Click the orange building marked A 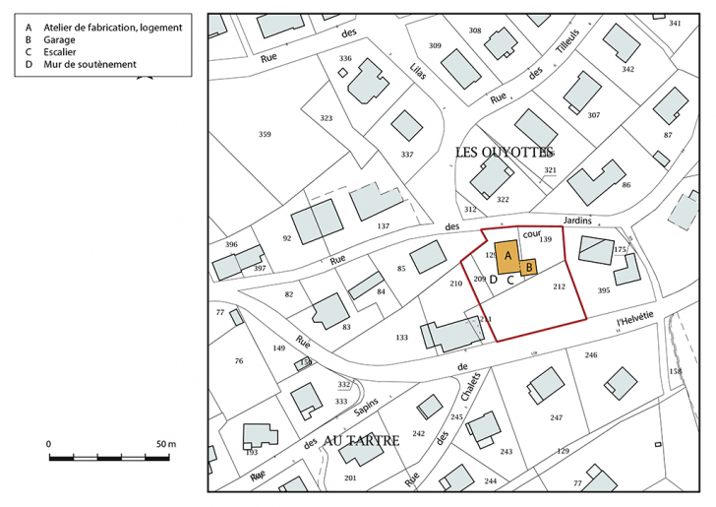coord(507,255)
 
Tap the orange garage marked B coord(528,266)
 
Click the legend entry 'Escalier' coord(60,53)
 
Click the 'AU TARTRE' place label coord(354,441)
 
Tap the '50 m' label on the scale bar coord(164,445)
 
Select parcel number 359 coord(264,134)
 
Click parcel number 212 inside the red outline coord(559,286)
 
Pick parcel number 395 coord(604,290)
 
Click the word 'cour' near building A coord(532,235)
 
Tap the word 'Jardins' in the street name coord(577,222)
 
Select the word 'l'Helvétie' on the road coord(634,321)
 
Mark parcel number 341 coord(674,23)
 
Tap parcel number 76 coord(238,361)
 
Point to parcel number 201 coord(350,477)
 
